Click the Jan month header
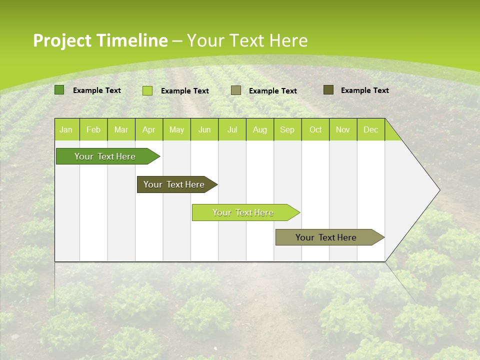(66, 129)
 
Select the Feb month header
(93, 129)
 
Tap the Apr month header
(149, 129)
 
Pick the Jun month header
(204, 129)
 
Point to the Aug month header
(260, 129)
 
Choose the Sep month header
(287, 129)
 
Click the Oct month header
(315, 129)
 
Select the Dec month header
(371, 129)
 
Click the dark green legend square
(59, 90)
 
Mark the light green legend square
(147, 90)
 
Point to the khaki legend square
(236, 90)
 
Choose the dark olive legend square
(328, 90)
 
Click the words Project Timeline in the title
(100, 40)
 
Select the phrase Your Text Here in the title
(247, 40)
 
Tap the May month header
(176, 129)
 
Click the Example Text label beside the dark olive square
(364, 90)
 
